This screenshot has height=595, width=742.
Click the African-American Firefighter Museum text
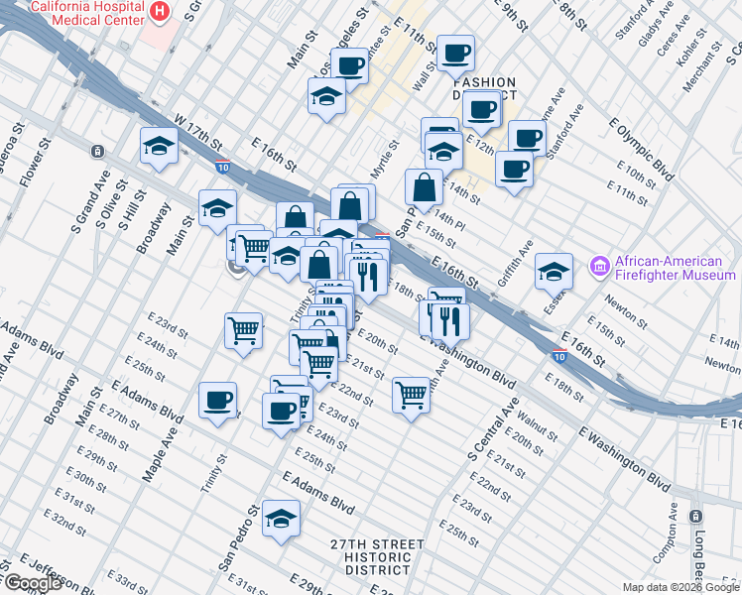click(x=675, y=268)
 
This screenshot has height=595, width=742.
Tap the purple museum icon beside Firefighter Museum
click(x=598, y=267)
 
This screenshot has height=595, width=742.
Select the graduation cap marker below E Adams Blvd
click(x=282, y=518)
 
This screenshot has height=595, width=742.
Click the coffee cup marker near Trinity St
click(x=217, y=401)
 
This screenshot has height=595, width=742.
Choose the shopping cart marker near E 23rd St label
click(x=243, y=330)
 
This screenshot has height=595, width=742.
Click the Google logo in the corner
click(x=32, y=583)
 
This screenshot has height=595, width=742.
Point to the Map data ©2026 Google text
click(x=680, y=587)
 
